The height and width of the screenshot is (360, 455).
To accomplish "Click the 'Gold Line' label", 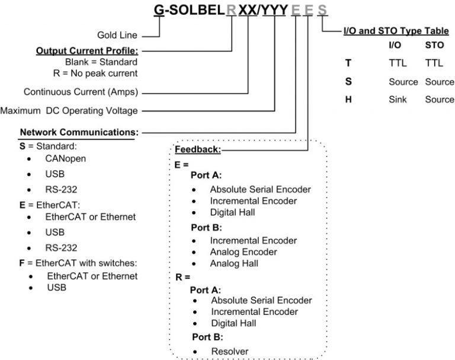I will (x=117, y=35).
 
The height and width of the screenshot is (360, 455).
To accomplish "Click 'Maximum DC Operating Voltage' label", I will (x=69, y=110).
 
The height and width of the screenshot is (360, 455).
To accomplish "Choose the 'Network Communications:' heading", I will (x=79, y=132).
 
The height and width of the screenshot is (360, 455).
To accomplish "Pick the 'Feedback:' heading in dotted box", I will (x=198, y=150).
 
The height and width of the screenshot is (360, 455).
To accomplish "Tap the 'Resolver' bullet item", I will (x=230, y=351).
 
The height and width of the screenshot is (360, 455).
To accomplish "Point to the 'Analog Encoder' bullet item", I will (x=243, y=252).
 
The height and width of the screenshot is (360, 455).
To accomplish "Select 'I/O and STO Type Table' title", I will (x=396, y=30).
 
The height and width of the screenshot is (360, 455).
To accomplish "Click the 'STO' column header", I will (x=435, y=44).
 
